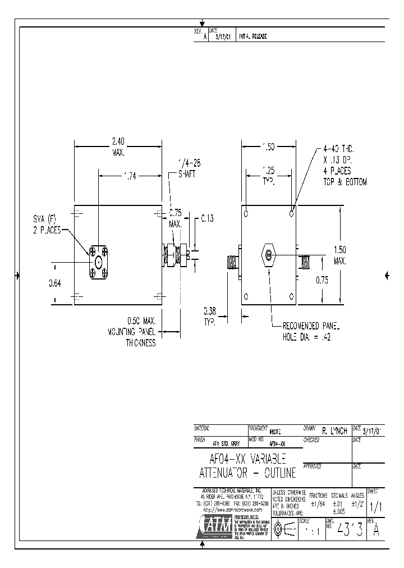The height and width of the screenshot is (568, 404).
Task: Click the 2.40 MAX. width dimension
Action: pos(118,147)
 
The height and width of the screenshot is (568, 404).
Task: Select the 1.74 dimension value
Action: pos(130,176)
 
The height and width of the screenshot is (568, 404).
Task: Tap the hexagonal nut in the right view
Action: pos(269,256)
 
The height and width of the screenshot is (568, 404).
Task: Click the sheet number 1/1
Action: pos(375,506)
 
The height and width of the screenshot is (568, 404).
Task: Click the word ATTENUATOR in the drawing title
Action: pos(231,473)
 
